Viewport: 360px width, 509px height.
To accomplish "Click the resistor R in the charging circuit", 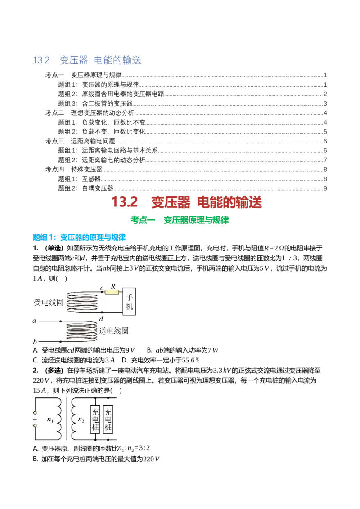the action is pyautogui.click(x=112, y=292).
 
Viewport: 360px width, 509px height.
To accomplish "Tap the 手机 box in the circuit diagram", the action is pyautogui.click(x=129, y=302).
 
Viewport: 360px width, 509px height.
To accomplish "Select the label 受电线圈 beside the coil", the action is pyautogui.click(x=49, y=303).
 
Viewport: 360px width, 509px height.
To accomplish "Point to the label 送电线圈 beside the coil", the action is pyautogui.click(x=114, y=330).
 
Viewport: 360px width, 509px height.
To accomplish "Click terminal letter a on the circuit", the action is pyautogui.click(x=35, y=321).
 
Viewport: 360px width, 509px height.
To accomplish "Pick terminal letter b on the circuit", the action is pyautogui.click(x=35, y=341).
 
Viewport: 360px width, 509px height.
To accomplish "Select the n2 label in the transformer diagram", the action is pyautogui.click(x=81, y=420).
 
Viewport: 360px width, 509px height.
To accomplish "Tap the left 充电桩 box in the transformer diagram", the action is pyautogui.click(x=95, y=419).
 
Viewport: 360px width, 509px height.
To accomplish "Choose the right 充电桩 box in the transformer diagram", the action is pyautogui.click(x=108, y=419).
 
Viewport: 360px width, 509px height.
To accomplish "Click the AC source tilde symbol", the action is pyautogui.click(x=35, y=419).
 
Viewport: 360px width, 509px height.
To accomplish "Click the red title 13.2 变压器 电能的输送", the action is pyautogui.click(x=186, y=202).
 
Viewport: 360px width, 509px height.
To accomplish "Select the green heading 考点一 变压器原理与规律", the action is pyautogui.click(x=180, y=220).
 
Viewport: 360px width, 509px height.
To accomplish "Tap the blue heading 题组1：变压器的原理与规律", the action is pyautogui.click(x=79, y=237).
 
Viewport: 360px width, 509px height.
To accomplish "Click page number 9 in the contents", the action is pyautogui.click(x=325, y=188).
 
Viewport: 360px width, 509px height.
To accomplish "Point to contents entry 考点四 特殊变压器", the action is pyautogui.click(x=74, y=170).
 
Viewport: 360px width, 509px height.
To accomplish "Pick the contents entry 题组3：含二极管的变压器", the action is pyautogui.click(x=95, y=103).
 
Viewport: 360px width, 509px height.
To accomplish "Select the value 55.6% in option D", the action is pyautogui.click(x=191, y=360).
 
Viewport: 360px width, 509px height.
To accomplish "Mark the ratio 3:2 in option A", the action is pyautogui.click(x=144, y=448).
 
